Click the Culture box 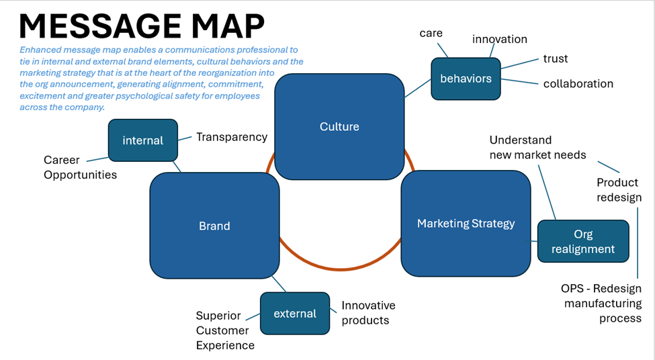coord(339,126)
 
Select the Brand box coord(214,226)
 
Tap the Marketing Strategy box coord(466,224)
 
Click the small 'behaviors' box coord(466,79)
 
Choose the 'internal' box coord(142,140)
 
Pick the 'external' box coord(295,313)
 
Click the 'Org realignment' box coord(584,242)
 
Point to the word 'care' coord(431,33)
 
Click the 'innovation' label coord(499,39)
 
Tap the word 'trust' coord(555,58)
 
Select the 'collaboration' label coord(578,83)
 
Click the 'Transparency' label coord(231,136)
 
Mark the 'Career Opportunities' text coord(80,167)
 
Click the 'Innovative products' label coord(368,313)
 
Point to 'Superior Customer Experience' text coord(225,330)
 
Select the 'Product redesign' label coord(618,189)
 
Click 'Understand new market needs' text coord(537,147)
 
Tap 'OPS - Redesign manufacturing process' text coord(602,303)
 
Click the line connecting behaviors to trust coord(519,64)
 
